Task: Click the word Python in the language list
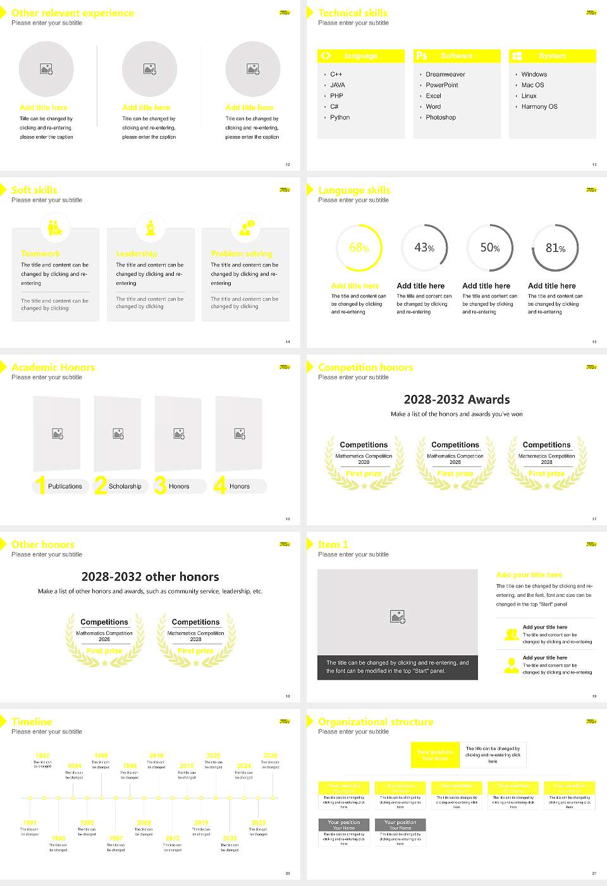coord(340,118)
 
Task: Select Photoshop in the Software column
coord(441,118)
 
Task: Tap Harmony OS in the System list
coord(539,107)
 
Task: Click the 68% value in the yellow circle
coord(359,248)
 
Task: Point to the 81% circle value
coord(555,248)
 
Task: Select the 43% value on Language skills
coord(424,248)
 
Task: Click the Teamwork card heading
coord(40,254)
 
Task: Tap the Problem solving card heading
coord(242,254)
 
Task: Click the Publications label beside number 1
coord(65,487)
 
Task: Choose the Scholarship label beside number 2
coord(125,487)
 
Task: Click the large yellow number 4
coord(220,485)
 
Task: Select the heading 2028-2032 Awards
coord(457,400)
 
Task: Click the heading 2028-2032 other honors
coord(150,577)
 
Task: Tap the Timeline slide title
coord(32,722)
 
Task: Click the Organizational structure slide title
coord(376,722)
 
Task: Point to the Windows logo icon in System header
coord(517,56)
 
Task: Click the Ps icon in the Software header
coord(422,56)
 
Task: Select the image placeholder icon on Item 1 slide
coord(398,616)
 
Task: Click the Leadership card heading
coord(137,254)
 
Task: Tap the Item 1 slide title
coord(333,545)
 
